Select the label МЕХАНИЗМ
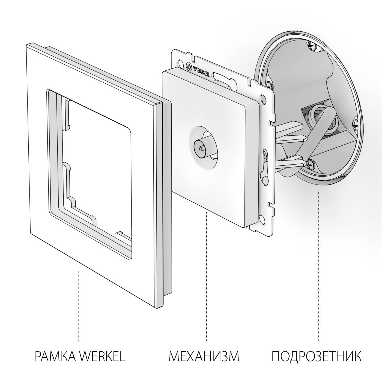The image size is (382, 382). click(204, 356)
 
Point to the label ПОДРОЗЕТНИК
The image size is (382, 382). click(316, 356)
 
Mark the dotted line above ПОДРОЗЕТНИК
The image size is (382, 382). click(318, 265)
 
